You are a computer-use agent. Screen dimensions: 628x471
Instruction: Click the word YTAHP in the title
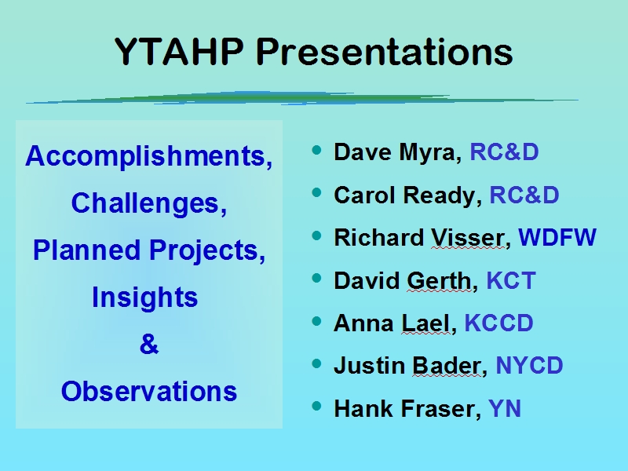click(x=179, y=52)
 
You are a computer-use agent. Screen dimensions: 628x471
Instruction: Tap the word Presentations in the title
click(x=385, y=52)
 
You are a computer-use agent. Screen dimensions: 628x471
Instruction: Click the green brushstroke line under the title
click(x=302, y=98)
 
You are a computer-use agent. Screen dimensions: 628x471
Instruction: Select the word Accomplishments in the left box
click(x=146, y=155)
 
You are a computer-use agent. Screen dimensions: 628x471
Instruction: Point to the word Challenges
click(x=145, y=203)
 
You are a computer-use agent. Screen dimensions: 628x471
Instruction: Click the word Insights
click(x=144, y=298)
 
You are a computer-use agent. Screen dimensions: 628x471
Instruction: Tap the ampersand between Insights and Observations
click(x=149, y=344)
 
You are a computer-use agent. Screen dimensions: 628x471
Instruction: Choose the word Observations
click(x=149, y=391)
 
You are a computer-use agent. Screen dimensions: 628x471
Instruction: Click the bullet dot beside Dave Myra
click(x=316, y=150)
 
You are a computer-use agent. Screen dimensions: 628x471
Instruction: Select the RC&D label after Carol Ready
click(x=524, y=195)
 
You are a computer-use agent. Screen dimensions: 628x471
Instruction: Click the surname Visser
click(x=468, y=238)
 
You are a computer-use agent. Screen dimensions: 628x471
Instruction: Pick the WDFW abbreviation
click(x=557, y=237)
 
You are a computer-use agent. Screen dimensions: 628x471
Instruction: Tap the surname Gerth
click(x=440, y=280)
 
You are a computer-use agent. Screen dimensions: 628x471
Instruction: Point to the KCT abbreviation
click(x=511, y=280)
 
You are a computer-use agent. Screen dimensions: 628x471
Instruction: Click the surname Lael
click(x=425, y=323)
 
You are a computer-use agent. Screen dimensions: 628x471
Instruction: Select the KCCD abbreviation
click(x=498, y=323)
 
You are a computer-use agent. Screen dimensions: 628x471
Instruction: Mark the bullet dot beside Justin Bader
click(x=316, y=363)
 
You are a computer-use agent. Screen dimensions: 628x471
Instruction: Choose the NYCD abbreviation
click(x=529, y=365)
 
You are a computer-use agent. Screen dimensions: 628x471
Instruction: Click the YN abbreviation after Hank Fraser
click(x=505, y=408)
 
